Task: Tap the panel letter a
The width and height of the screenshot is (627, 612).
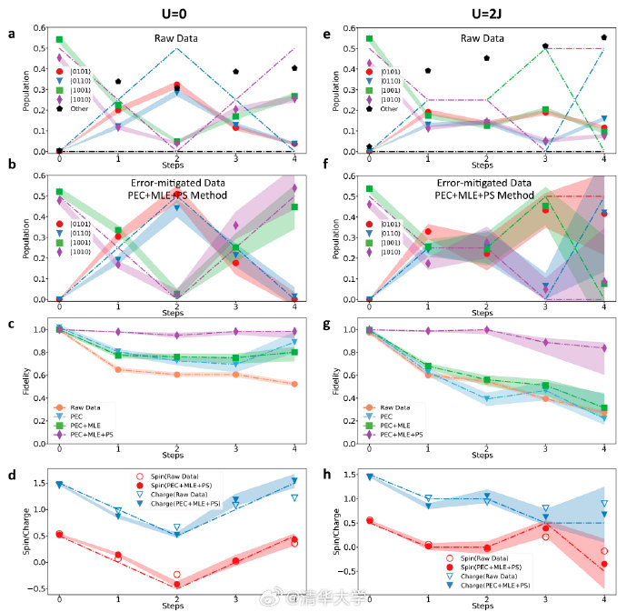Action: click(10, 35)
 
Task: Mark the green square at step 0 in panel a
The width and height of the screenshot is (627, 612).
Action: click(59, 40)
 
